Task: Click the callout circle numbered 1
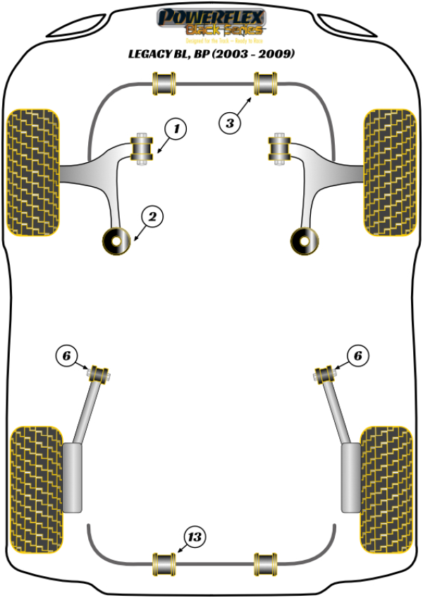pyautogui.click(x=177, y=129)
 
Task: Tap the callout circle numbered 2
pyautogui.click(x=152, y=217)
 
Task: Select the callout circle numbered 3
pyautogui.click(x=230, y=124)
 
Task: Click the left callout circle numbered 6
pyautogui.click(x=66, y=357)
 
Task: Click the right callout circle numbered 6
pyautogui.click(x=357, y=357)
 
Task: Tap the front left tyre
pyautogui.click(x=32, y=171)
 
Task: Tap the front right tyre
pyautogui.click(x=388, y=171)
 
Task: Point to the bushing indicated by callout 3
pyautogui.click(x=265, y=84)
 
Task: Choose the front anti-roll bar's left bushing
pyautogui.click(x=164, y=84)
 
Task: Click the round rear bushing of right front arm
pyautogui.click(x=307, y=241)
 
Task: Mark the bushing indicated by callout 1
pyautogui.click(x=143, y=149)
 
